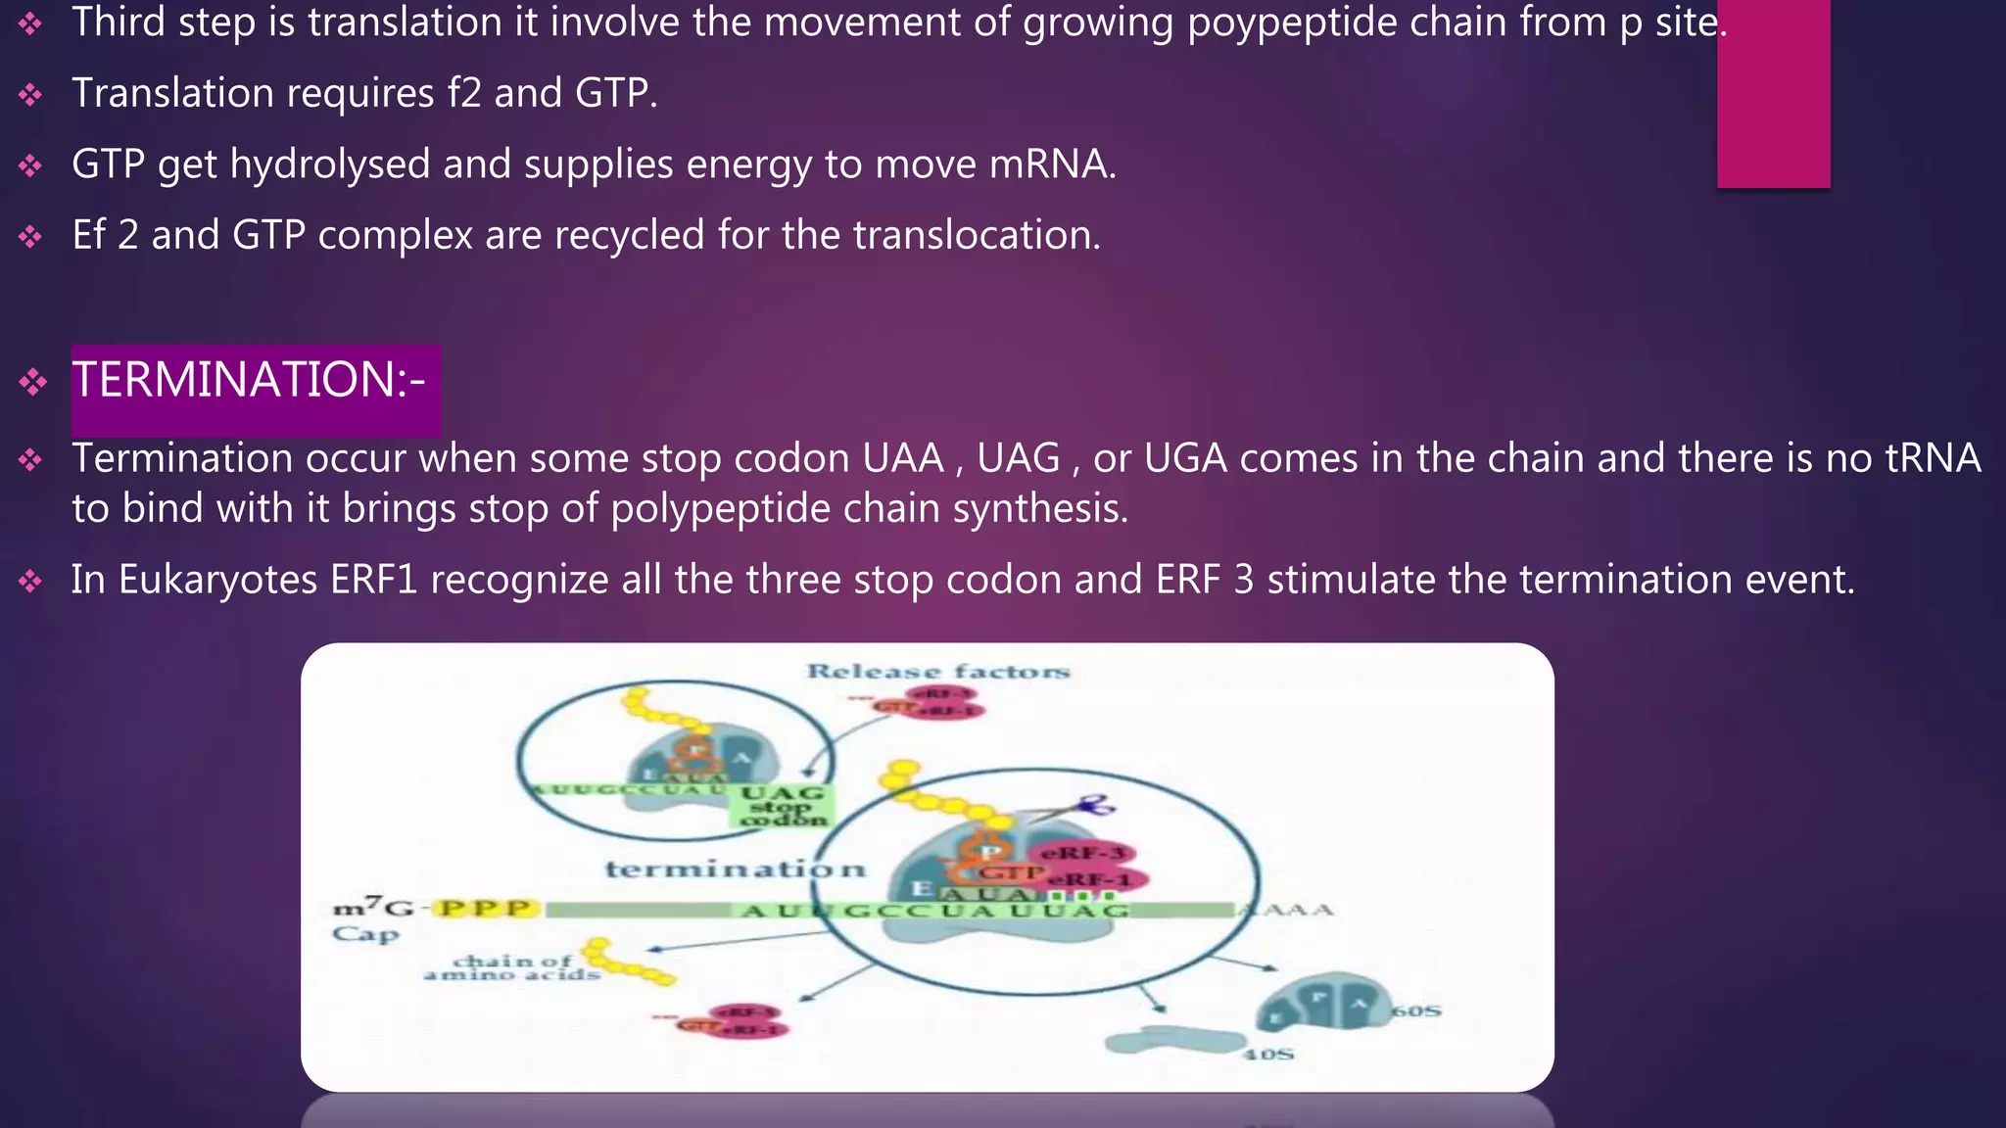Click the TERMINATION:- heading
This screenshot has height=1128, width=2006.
249,380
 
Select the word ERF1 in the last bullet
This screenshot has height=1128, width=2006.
373,580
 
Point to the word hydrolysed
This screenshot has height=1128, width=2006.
330,164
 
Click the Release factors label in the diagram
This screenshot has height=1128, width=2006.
937,672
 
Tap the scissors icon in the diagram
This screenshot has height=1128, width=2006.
1095,805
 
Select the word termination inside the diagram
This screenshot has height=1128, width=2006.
735,869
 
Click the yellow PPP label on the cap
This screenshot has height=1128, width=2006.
485,909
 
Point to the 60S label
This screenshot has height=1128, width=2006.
1416,1010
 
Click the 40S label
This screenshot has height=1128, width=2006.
1268,1055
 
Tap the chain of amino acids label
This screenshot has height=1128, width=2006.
512,967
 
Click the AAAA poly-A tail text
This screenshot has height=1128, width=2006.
1287,910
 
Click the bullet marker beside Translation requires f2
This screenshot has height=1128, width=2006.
30,95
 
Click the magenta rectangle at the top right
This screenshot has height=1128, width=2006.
1773,93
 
